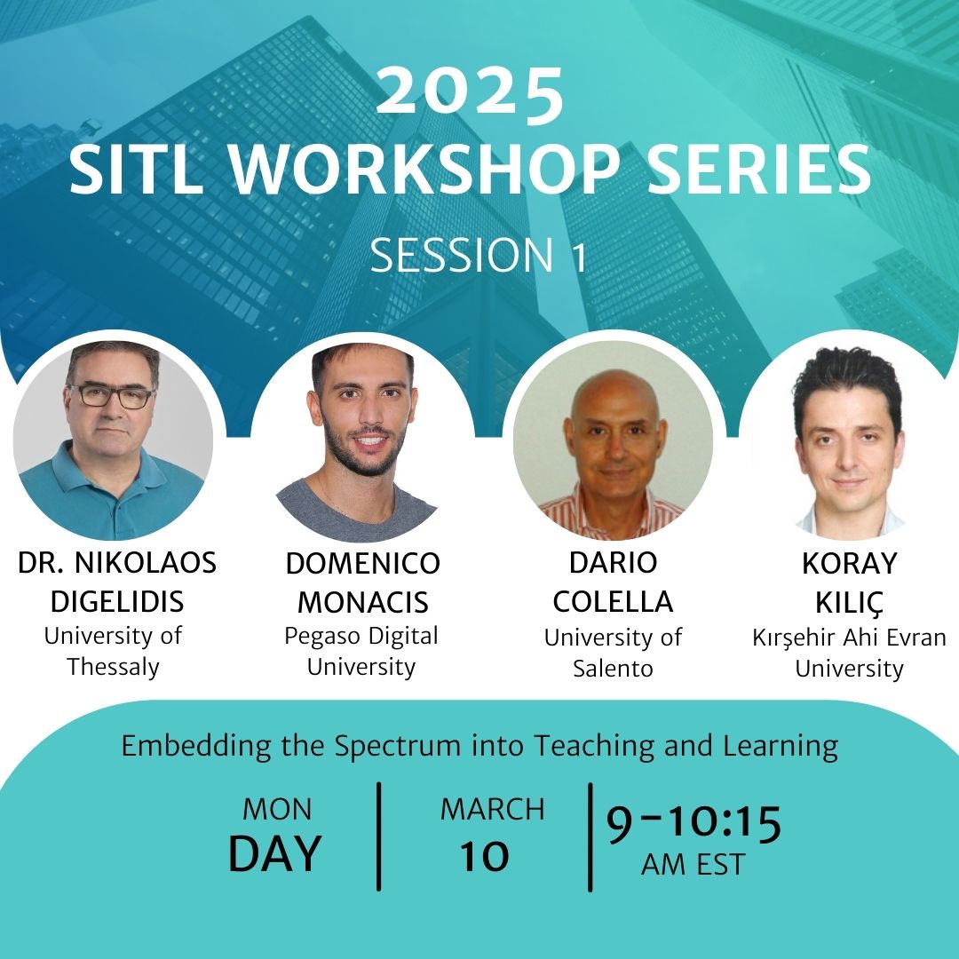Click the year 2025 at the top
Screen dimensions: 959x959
[470, 90]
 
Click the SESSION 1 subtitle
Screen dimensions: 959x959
[478, 255]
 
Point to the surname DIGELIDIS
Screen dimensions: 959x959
[117, 602]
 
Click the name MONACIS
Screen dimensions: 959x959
[362, 602]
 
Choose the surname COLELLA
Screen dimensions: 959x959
[613, 602]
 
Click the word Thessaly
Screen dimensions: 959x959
[113, 667]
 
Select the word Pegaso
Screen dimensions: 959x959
[322, 638]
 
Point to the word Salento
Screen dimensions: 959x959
[613, 668]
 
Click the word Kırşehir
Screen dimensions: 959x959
[793, 638]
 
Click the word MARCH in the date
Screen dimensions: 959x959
[492, 810]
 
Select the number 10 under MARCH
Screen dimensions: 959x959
[485, 856]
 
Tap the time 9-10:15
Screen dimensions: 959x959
[693, 823]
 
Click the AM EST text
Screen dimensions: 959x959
[693, 865]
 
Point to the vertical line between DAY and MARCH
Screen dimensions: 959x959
[379, 836]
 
